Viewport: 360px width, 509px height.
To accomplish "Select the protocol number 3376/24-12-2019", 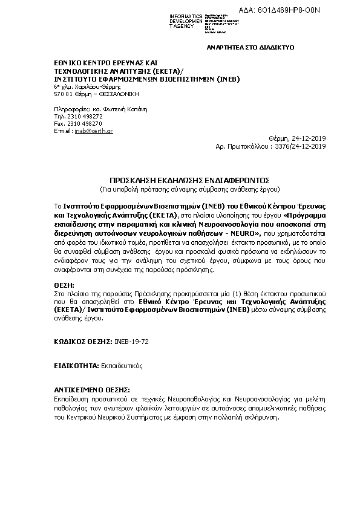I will (x=300, y=146).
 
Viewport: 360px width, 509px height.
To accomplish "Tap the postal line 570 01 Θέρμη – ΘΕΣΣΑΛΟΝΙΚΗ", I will (x=96, y=94).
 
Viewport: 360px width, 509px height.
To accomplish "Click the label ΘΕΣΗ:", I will (x=64, y=284).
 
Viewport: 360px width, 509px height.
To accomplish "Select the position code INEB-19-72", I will (x=131, y=342).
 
